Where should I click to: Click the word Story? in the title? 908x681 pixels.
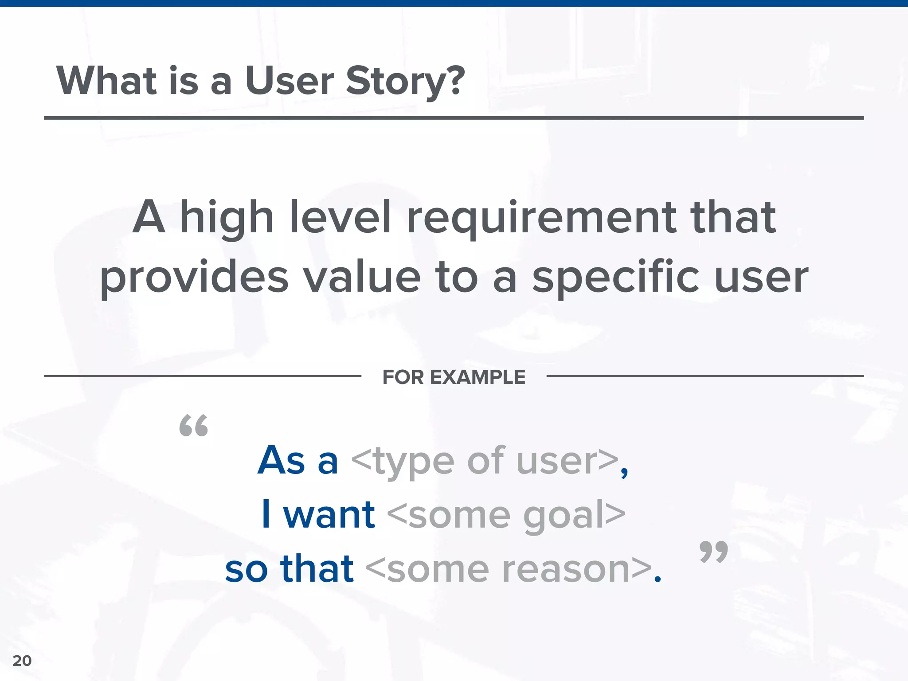(x=405, y=82)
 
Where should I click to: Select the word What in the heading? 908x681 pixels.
(x=106, y=81)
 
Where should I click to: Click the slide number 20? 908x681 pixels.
(x=22, y=661)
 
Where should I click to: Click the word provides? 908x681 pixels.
(x=194, y=278)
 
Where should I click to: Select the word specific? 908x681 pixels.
(x=616, y=278)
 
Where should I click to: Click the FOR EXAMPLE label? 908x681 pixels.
(x=454, y=377)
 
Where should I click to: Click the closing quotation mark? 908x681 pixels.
(x=713, y=552)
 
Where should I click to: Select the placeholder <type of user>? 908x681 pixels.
(x=485, y=461)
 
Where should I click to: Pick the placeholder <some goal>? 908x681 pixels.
(x=506, y=515)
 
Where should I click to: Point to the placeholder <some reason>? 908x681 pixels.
(x=509, y=569)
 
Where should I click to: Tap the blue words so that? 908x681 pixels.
(x=289, y=569)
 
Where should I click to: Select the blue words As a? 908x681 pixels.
(x=298, y=461)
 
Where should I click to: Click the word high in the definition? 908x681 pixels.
(x=227, y=218)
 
